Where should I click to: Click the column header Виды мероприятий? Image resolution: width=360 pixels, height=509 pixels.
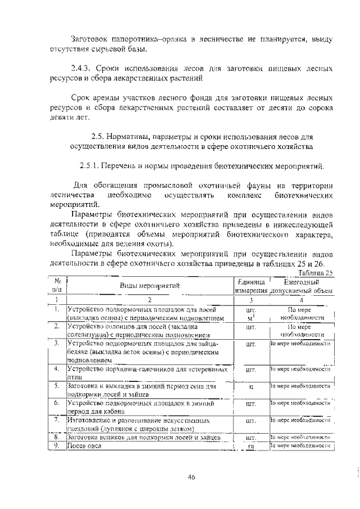(x=149, y=285)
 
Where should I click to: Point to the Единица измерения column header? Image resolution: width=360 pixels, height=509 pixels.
(x=251, y=286)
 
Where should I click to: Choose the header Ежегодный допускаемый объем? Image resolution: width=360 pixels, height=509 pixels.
(x=301, y=286)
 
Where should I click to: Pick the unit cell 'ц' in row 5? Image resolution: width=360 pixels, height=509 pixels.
(x=251, y=387)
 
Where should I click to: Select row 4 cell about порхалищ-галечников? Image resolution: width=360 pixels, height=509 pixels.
(x=146, y=373)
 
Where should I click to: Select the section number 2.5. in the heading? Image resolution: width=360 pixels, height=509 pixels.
(x=100, y=137)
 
